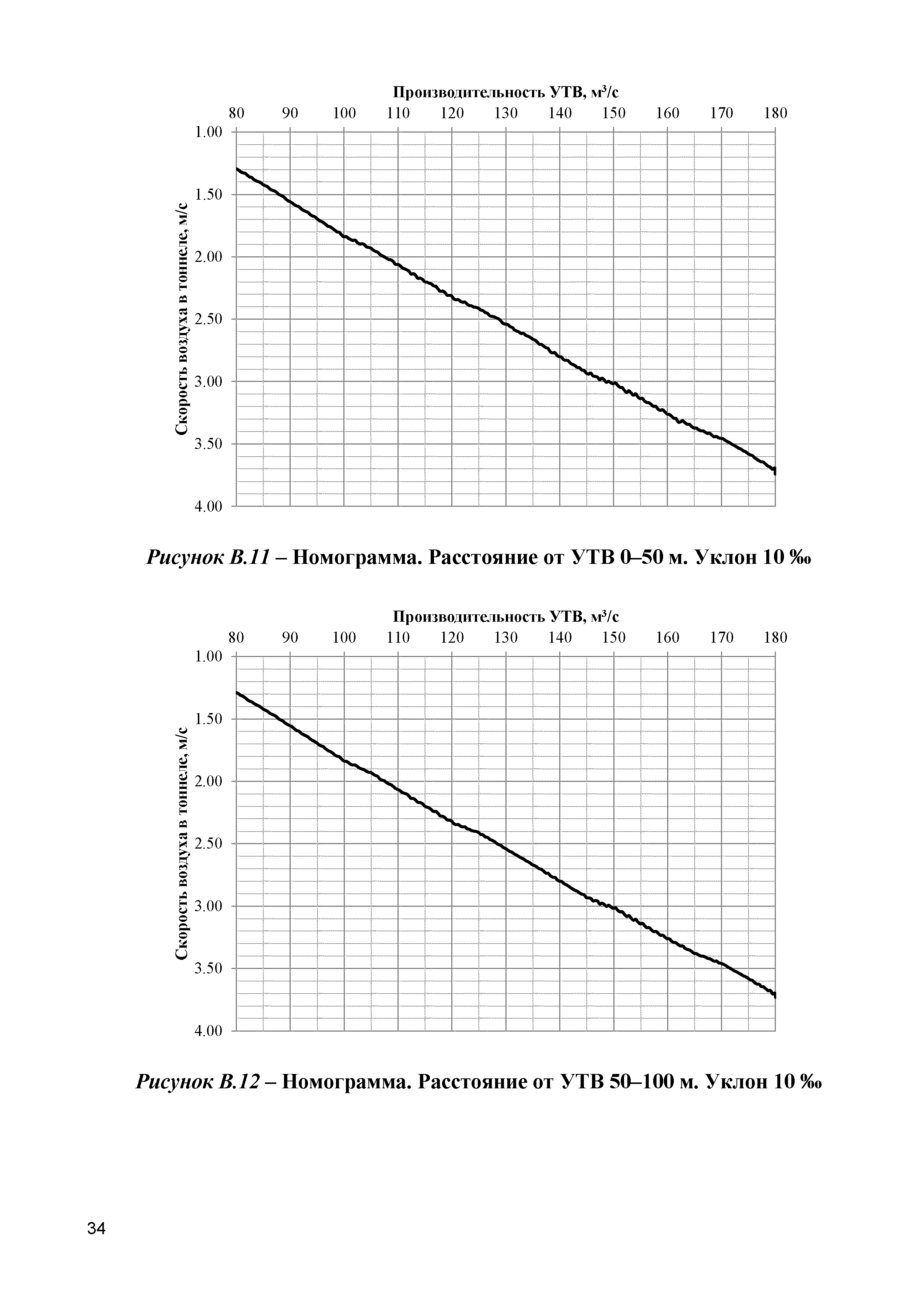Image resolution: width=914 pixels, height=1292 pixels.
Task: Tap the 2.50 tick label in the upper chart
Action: pyautogui.click(x=208, y=319)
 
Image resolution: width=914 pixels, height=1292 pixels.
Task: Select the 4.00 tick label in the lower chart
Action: pyautogui.click(x=208, y=1031)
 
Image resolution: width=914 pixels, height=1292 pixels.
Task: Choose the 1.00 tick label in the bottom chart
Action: pyautogui.click(x=208, y=657)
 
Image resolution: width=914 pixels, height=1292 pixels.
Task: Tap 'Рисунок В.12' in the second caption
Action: pyautogui.click(x=199, y=1082)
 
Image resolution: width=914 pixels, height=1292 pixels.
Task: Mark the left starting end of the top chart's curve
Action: pyautogui.click(x=238, y=168)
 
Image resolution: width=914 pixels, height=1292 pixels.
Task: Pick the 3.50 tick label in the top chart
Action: pyautogui.click(x=208, y=444)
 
